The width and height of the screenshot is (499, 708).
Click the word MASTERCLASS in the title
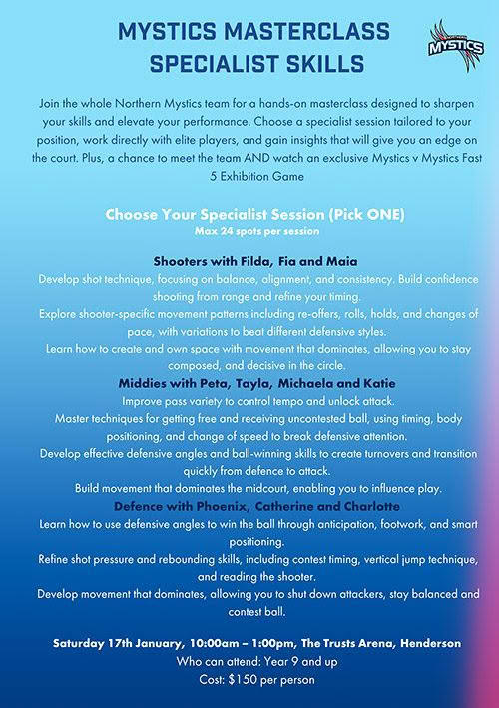pyautogui.click(x=302, y=37)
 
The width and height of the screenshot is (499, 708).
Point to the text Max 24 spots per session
pyautogui.click(x=249, y=231)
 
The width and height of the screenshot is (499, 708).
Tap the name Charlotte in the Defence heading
pyautogui.click(x=339, y=506)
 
